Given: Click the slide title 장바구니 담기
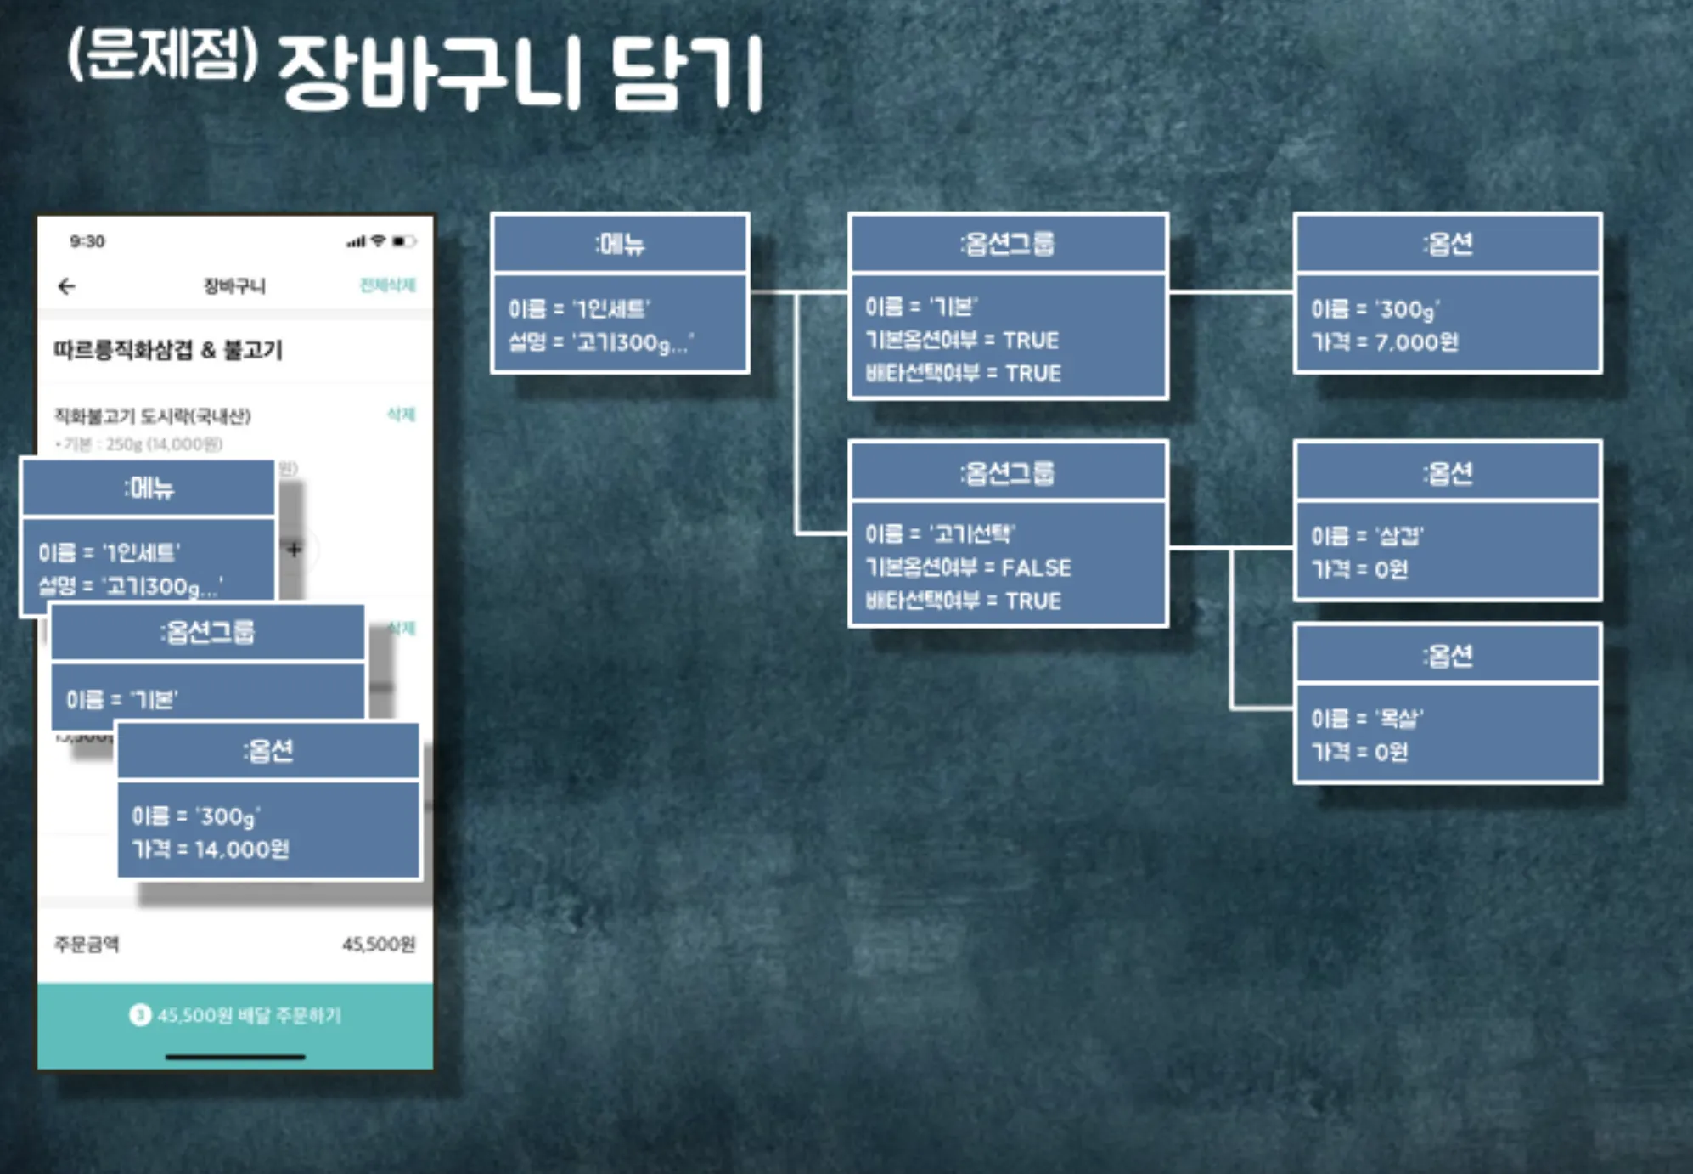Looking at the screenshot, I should click(520, 75).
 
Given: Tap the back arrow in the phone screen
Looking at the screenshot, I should click(67, 286).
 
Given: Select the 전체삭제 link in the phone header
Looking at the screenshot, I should click(387, 285).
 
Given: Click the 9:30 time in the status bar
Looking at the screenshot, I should click(87, 241).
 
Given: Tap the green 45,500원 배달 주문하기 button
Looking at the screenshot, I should click(235, 1016).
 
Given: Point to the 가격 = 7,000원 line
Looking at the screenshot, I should click(1384, 342).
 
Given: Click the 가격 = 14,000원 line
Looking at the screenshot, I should click(211, 849).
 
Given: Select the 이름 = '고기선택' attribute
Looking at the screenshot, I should click(940, 533).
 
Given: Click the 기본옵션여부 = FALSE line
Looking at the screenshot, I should click(968, 567).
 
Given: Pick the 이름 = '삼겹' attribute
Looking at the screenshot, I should click(1367, 536).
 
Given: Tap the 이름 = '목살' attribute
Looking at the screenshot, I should click(1367, 719).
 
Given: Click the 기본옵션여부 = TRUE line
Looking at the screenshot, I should click(961, 341).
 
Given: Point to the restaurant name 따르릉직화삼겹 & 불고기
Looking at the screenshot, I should click(167, 350).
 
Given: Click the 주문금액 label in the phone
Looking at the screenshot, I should click(87, 945).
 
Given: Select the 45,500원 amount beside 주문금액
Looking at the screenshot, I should click(379, 945).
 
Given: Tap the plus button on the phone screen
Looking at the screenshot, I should click(294, 550).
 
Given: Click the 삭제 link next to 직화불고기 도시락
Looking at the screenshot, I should click(401, 415).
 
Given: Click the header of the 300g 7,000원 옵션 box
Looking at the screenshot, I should click(1448, 244).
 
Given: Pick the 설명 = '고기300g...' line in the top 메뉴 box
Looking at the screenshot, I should click(600, 342).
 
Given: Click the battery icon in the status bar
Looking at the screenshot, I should click(404, 241).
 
